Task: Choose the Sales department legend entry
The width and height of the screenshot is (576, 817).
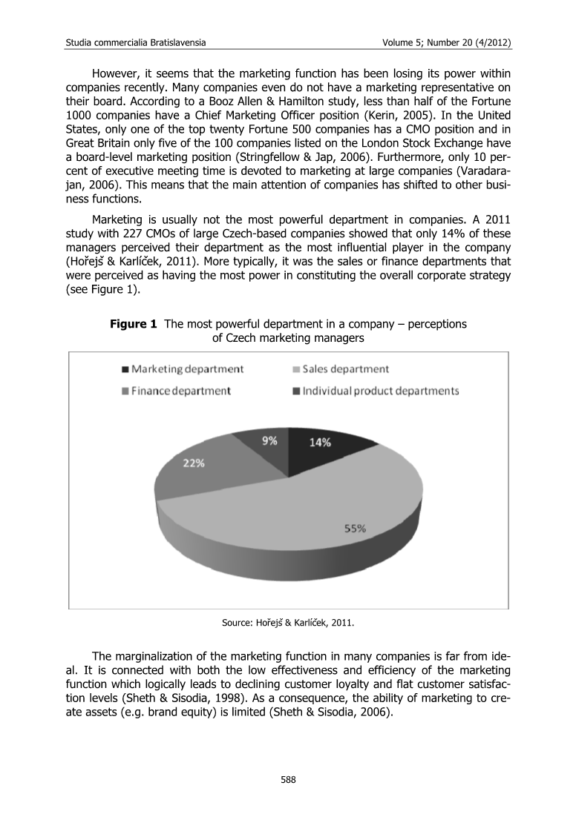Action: coord(339,368)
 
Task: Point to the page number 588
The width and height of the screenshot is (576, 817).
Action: coord(288,778)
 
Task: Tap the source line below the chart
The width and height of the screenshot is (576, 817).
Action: coord(288,623)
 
